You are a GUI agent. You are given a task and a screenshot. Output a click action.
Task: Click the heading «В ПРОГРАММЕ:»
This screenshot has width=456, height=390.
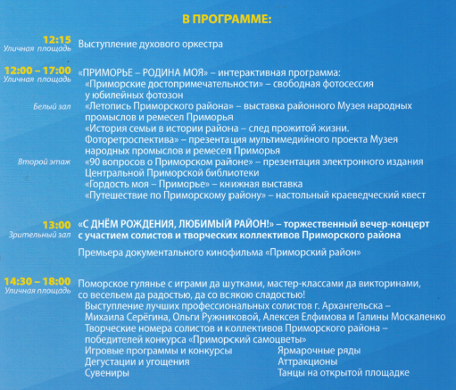(x=227, y=20)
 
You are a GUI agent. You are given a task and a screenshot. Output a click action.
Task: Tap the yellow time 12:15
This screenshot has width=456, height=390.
(x=57, y=39)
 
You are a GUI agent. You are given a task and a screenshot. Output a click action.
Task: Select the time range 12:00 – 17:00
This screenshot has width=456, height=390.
(x=37, y=71)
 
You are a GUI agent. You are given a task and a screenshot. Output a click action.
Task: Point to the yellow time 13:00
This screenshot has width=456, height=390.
(x=57, y=225)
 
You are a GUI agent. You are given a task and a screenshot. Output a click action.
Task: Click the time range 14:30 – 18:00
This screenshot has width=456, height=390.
(x=37, y=281)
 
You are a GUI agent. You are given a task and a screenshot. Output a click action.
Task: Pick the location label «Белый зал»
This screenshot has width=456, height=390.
(x=52, y=106)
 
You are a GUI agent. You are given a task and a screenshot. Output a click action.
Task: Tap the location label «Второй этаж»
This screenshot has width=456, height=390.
(x=45, y=162)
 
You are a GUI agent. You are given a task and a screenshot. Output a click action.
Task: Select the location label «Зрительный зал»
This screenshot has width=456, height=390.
(x=40, y=235)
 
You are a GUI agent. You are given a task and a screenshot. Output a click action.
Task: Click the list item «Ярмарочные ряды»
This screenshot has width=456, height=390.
(x=319, y=351)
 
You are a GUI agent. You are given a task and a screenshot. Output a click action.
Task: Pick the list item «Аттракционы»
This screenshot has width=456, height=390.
(x=308, y=362)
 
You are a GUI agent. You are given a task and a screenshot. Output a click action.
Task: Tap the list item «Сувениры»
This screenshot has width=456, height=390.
(x=107, y=373)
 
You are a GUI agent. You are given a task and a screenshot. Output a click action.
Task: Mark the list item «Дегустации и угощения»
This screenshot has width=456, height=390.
(x=137, y=362)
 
